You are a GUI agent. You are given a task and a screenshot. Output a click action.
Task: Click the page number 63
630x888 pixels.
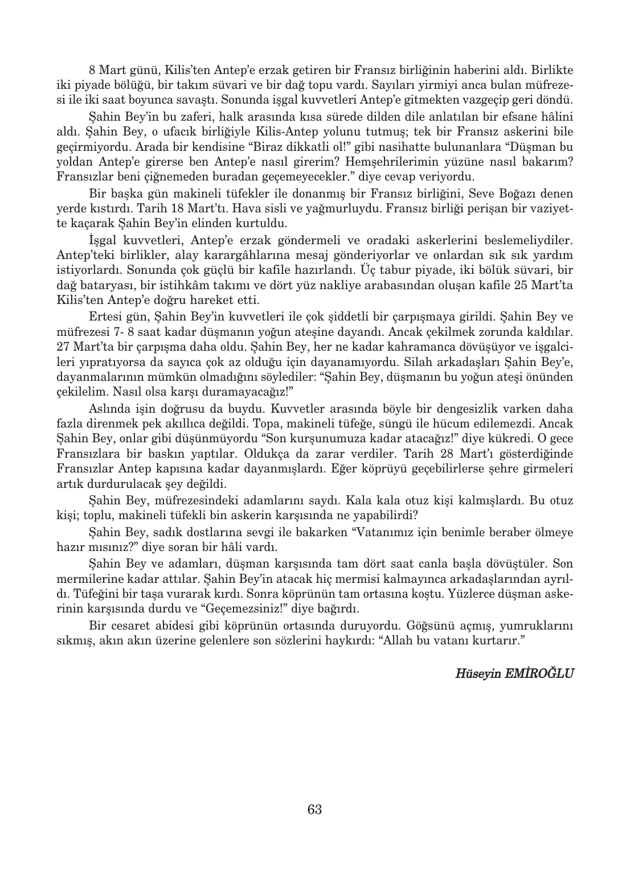coord(314,809)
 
